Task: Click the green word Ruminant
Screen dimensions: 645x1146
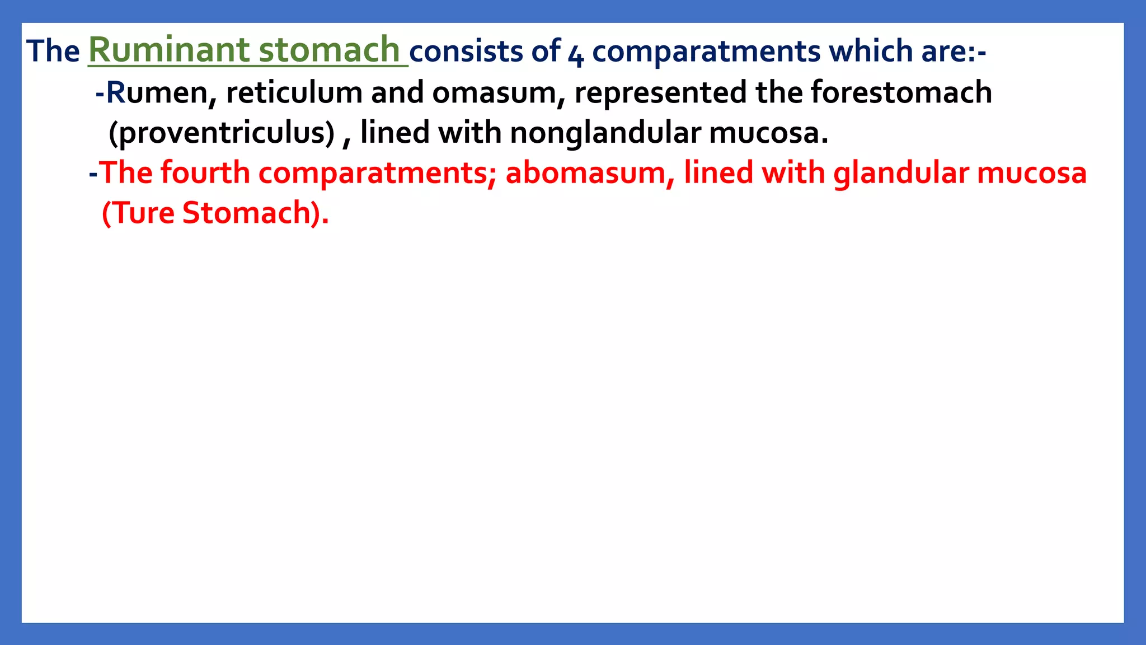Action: pyautogui.click(x=168, y=50)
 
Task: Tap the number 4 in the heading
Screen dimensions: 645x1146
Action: pyautogui.click(x=576, y=54)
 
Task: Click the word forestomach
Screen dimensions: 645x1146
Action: pyautogui.click(x=901, y=93)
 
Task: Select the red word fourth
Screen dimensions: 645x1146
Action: pyautogui.click(x=205, y=173)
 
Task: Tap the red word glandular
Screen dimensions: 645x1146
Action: pyautogui.click(x=901, y=173)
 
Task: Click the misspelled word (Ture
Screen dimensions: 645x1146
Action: pyautogui.click(x=138, y=213)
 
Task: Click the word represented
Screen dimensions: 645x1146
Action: pyautogui.click(x=660, y=93)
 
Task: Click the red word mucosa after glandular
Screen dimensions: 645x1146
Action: pyautogui.click(x=1032, y=173)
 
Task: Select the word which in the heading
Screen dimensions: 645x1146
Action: pyautogui.click(x=867, y=52)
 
